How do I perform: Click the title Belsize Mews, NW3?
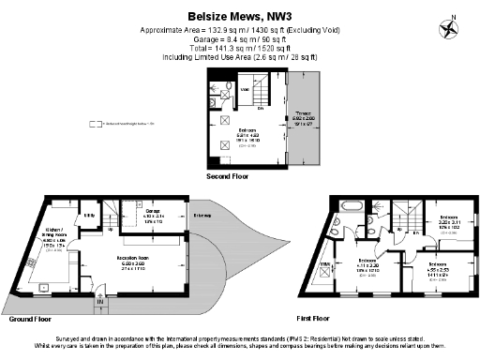(240, 15)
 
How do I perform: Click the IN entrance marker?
(98, 302)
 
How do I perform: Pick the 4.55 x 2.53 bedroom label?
(438, 268)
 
